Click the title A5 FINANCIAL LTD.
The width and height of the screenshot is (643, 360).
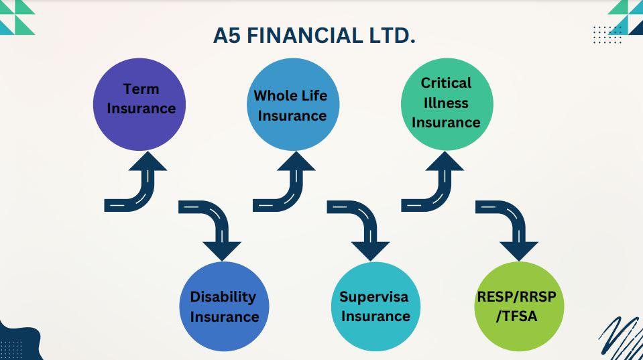[314, 36]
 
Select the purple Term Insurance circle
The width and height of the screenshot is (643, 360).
[141, 103]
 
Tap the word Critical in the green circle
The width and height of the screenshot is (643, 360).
[446, 83]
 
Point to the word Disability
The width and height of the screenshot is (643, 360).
[223, 296]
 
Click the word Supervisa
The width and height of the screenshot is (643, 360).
[373, 296]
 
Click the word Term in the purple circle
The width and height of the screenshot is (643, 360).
[141, 88]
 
